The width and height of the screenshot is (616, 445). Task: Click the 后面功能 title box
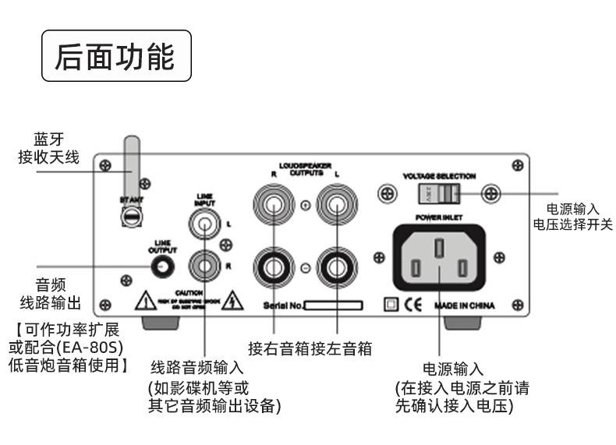[115, 56]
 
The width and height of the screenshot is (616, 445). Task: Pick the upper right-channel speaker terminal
[274, 207]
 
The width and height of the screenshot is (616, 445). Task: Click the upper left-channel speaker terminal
[336, 207]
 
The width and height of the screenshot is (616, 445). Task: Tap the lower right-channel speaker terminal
[274, 268]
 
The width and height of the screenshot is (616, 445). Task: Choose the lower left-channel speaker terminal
[336, 268]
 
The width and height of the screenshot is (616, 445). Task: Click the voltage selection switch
[438, 192]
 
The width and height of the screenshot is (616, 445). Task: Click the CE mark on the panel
[412, 305]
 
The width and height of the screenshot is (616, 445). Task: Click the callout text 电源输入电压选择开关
[573, 216]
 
